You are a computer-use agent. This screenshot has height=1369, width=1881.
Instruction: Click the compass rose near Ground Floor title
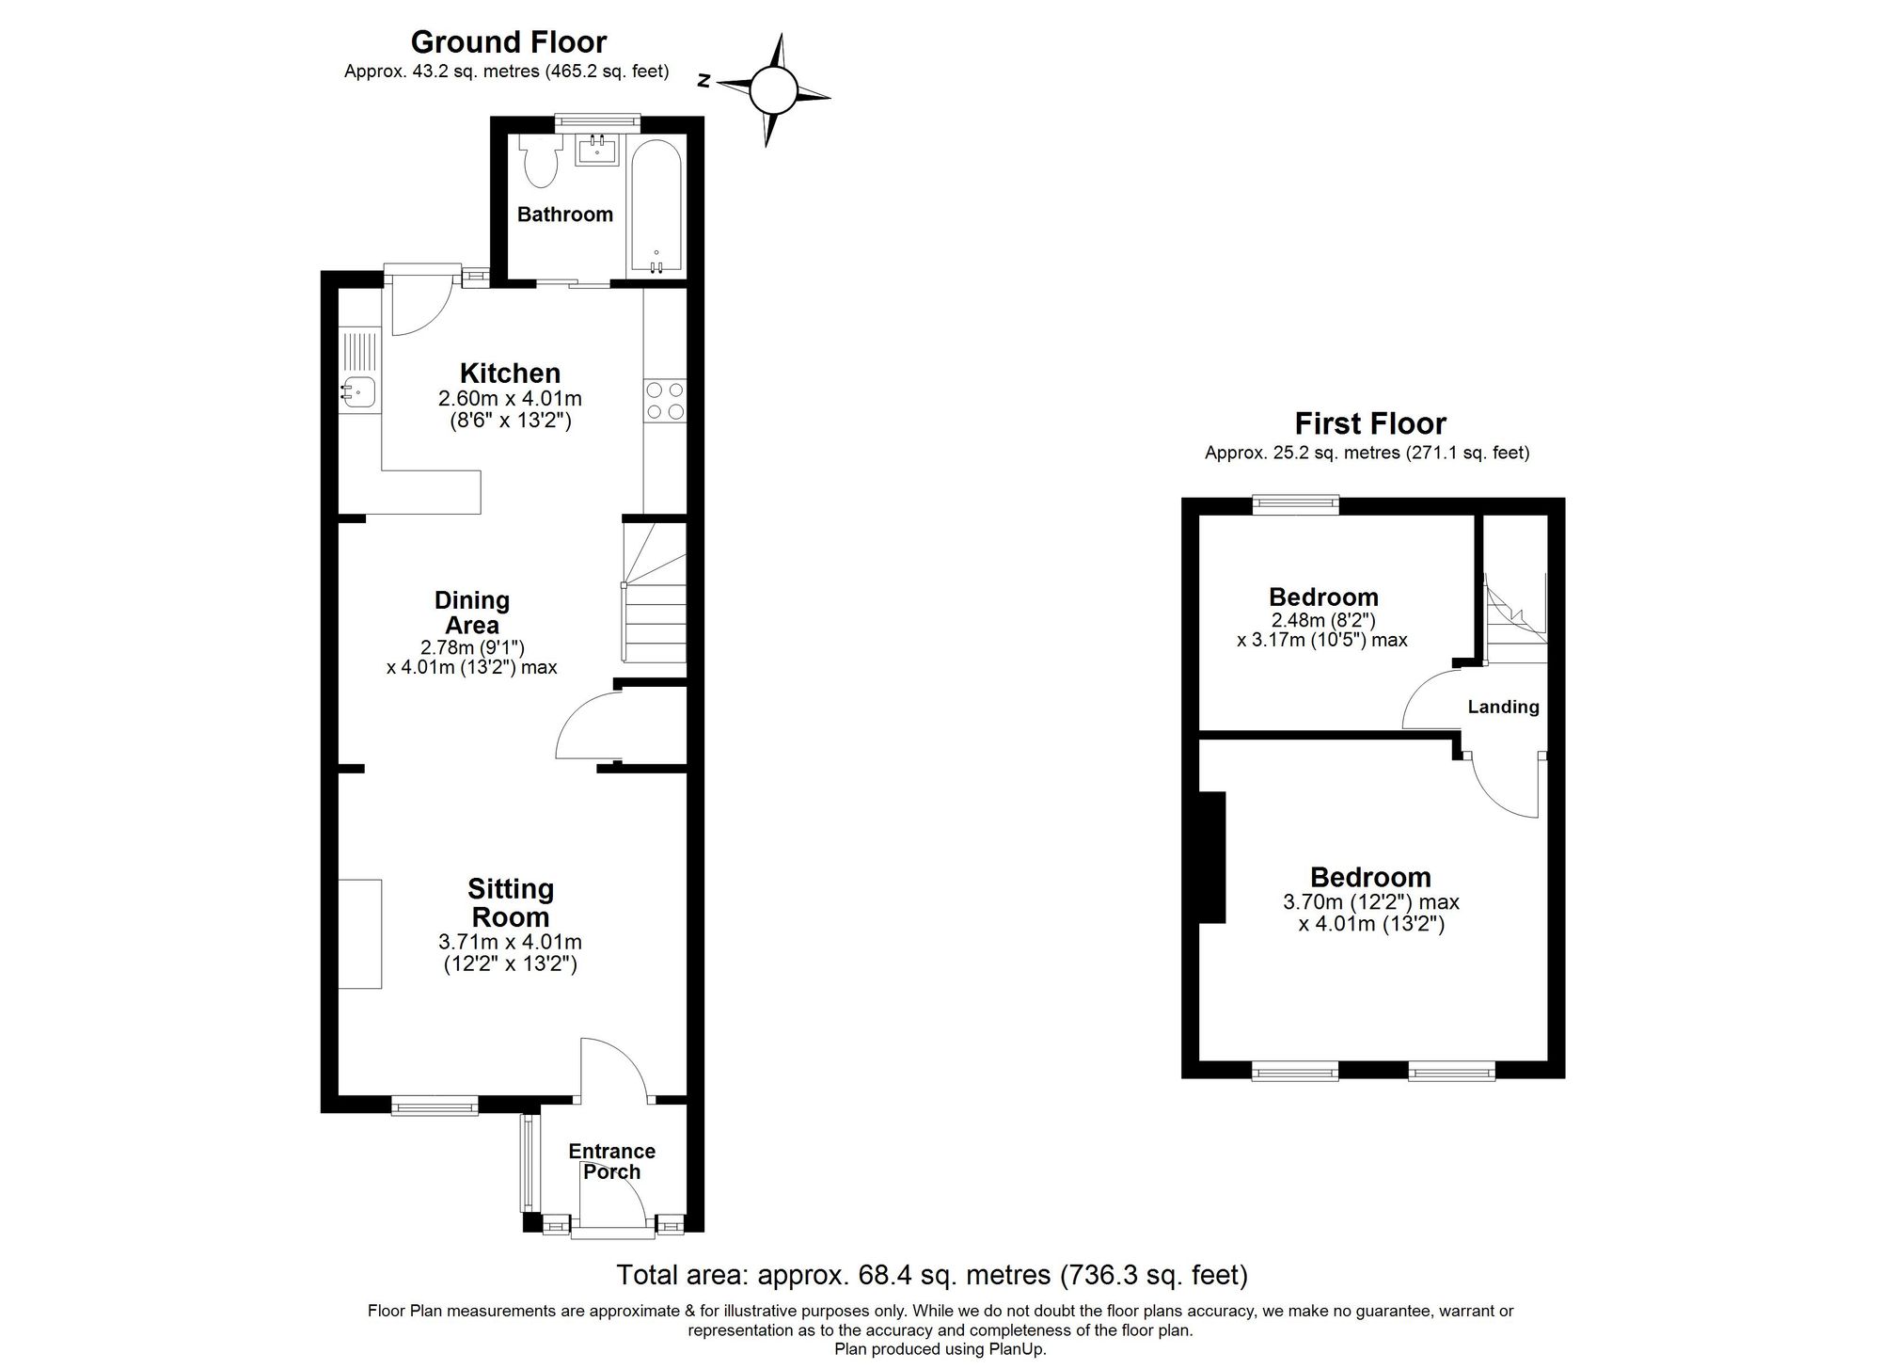[x=773, y=90]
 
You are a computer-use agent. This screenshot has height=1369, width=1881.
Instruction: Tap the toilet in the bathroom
[x=541, y=164]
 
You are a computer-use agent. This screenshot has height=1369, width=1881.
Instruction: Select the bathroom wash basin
[x=597, y=150]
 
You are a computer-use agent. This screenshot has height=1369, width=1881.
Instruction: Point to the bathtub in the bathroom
[x=656, y=208]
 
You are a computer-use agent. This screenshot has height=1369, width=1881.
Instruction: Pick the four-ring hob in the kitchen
[x=665, y=400]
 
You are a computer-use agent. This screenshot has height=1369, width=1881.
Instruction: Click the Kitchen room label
[x=510, y=373]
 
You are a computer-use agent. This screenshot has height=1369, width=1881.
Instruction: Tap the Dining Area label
[x=472, y=613]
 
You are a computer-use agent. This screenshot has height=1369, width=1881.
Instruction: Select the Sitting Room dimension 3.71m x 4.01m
[x=510, y=942]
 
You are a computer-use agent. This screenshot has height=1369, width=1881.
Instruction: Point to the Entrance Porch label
[x=611, y=1161]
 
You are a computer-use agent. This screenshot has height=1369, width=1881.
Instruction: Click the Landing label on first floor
[x=1503, y=707]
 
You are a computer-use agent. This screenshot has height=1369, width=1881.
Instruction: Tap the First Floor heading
[x=1369, y=423]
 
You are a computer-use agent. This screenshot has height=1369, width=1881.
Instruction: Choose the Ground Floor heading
[x=508, y=42]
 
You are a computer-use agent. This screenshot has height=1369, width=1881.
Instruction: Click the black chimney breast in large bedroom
[x=1213, y=856]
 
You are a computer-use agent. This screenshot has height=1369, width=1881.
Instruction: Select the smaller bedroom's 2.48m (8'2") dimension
[x=1322, y=620]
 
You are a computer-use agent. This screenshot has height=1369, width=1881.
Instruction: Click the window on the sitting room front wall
[x=434, y=1106]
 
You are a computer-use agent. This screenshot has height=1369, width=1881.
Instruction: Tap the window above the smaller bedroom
[x=1295, y=505]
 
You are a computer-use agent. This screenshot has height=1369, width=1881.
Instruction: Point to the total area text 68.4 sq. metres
[x=931, y=1275]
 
